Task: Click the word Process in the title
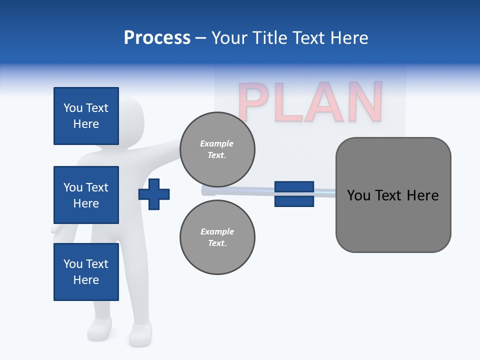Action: [157, 38]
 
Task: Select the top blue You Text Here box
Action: [86, 116]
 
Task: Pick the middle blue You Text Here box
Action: [86, 195]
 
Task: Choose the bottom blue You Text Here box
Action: [86, 272]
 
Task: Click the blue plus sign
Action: [154, 194]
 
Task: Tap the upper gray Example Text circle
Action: [217, 149]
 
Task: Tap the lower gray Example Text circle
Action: [217, 237]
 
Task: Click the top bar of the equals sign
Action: [294, 187]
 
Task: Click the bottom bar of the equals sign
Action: [294, 201]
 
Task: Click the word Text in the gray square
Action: [389, 195]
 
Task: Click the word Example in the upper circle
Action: [216, 143]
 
